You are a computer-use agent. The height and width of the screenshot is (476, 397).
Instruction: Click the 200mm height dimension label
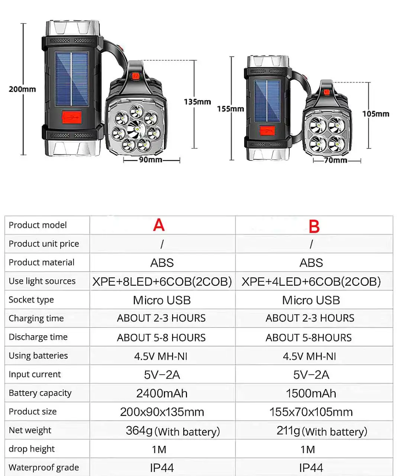pyautogui.click(x=22, y=89)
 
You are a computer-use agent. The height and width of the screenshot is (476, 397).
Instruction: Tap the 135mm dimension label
pyautogui.click(x=197, y=102)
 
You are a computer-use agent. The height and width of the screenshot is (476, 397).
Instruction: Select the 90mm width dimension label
pyautogui.click(x=150, y=160)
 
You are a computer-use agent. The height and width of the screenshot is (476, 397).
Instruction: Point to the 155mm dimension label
pyautogui.click(x=230, y=109)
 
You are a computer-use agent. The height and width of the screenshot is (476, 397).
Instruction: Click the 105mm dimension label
pyautogui.click(x=376, y=114)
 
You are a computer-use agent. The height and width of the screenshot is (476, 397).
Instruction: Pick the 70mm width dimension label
pyautogui.click(x=335, y=160)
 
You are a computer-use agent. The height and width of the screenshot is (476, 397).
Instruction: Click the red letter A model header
pyautogui.click(x=159, y=225)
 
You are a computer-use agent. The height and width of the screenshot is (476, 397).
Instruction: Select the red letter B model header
pyautogui.click(x=314, y=226)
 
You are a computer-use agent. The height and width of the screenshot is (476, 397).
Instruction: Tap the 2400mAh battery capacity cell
pyautogui.click(x=162, y=393)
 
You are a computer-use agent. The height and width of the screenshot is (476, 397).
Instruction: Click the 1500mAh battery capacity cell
pyautogui.click(x=311, y=393)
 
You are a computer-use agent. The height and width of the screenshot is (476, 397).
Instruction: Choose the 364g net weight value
pyautogui.click(x=139, y=431)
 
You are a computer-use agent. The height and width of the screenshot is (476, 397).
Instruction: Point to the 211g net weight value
pyautogui.click(x=288, y=431)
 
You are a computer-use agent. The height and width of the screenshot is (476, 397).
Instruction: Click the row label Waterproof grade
pyautogui.click(x=44, y=467)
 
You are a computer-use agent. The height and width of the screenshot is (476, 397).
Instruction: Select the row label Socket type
pyautogui.click(x=31, y=300)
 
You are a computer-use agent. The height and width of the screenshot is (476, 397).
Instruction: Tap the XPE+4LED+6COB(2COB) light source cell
pyautogui.click(x=311, y=281)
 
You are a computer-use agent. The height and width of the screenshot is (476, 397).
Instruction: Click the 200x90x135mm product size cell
pyautogui.click(x=162, y=412)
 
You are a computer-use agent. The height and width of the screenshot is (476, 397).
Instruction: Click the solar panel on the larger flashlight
pyautogui.click(x=72, y=79)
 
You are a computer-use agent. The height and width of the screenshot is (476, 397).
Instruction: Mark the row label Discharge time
pyautogui.click(x=38, y=337)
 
